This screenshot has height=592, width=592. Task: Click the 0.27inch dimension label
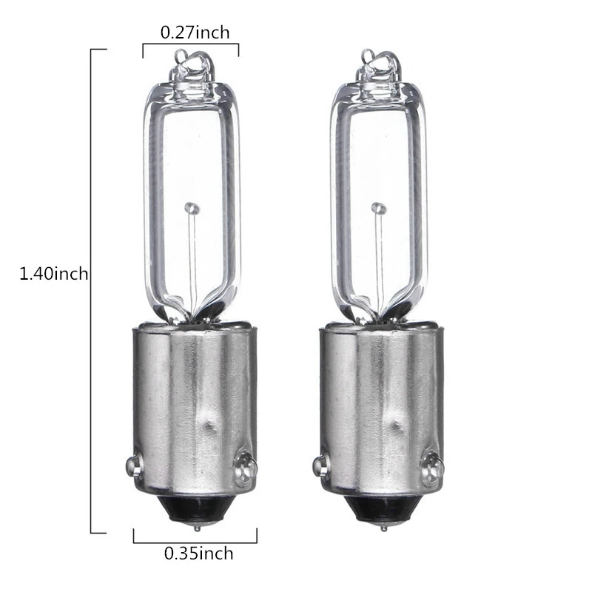coord(195,32)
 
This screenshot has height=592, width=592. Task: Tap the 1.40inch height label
coord(53,274)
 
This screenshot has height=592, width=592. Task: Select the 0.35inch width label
coord(198,553)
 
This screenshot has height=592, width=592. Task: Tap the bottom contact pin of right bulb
coord(383,528)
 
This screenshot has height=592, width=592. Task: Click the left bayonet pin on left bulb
coord(132,465)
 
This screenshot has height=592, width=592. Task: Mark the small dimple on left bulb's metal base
coord(209,426)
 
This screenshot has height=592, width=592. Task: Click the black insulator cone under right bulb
coord(383,508)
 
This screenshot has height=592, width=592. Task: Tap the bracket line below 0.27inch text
coord(191,45)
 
